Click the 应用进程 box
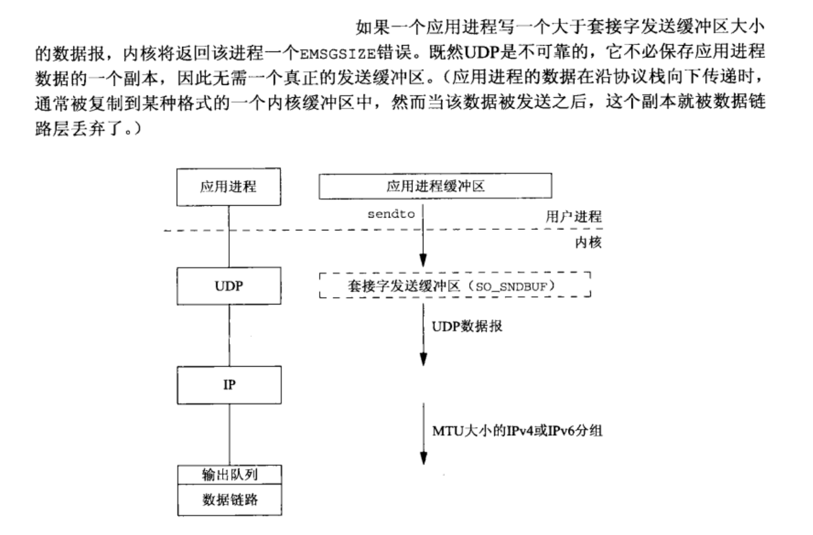228,187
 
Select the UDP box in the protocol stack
228,286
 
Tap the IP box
229,385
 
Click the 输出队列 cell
229,474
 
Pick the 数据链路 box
229,499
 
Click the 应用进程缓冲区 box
435,187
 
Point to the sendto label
391,214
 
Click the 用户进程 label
573,216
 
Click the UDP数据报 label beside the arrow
468,326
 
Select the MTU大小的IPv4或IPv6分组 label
517,432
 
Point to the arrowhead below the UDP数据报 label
423,359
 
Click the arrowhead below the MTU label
423,458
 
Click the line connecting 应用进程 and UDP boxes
229,236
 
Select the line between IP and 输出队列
229,434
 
